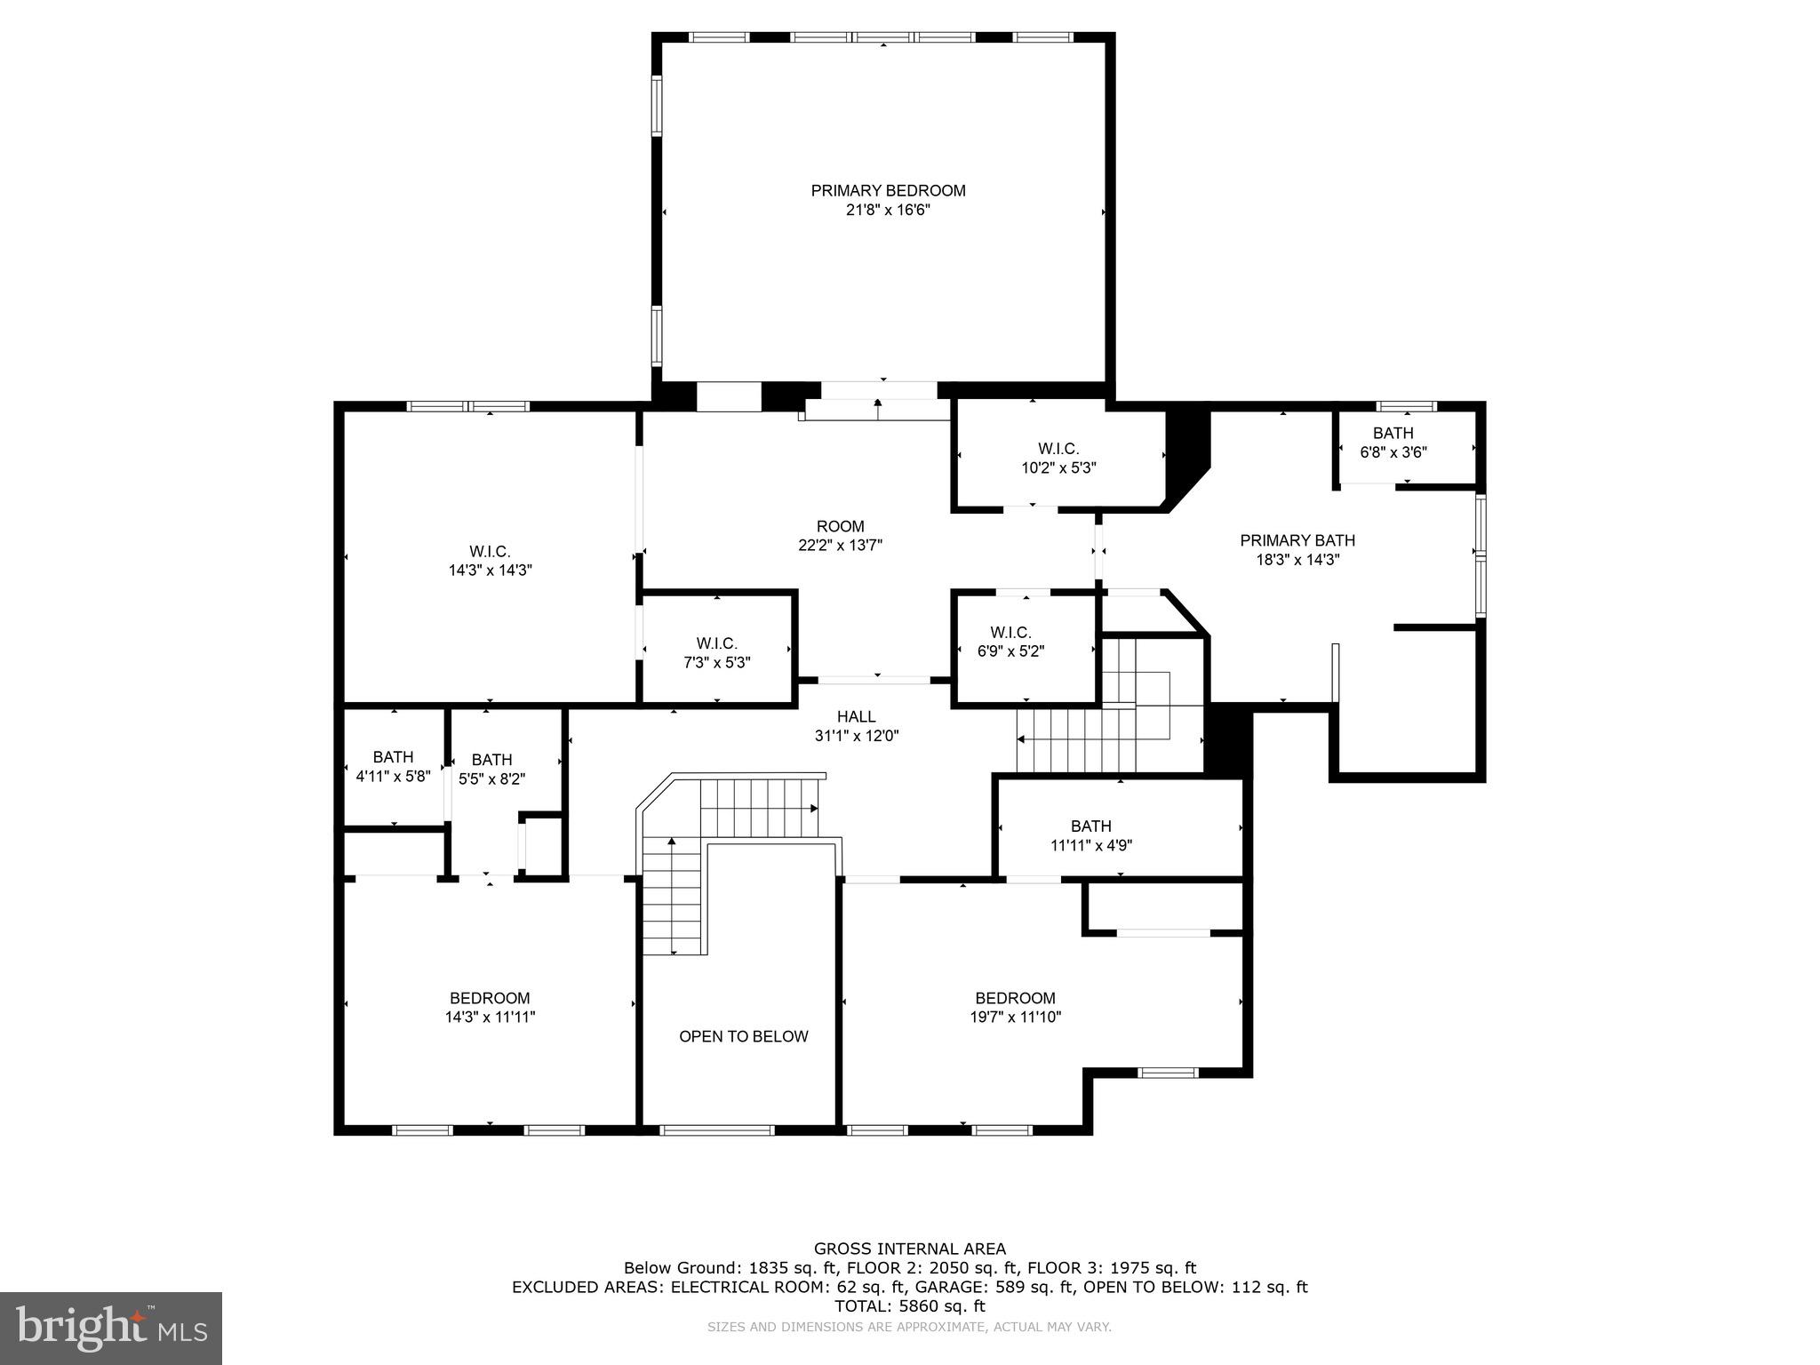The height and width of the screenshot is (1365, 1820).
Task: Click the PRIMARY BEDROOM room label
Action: pos(887,190)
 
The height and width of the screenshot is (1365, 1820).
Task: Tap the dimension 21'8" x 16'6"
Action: pos(887,211)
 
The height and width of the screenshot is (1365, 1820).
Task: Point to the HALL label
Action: pos(856,716)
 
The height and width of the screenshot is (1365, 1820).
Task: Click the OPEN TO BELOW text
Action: pos(743,1036)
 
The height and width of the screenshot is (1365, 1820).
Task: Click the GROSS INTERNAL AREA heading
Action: pos(909,1249)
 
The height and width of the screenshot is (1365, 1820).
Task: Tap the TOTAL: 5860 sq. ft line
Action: pos(909,1306)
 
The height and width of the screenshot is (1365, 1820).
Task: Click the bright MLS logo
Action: pos(111,1328)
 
